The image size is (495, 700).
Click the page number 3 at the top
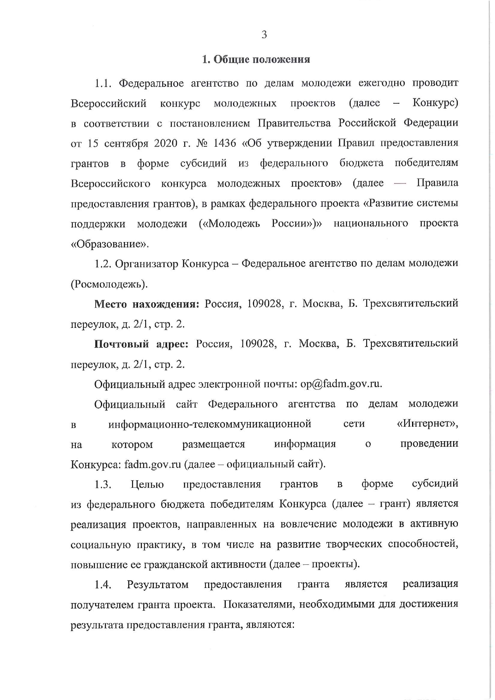(x=264, y=35)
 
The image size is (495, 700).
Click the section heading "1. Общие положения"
(x=256, y=60)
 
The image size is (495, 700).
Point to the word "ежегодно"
(x=382, y=83)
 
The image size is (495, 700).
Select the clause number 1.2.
(x=103, y=264)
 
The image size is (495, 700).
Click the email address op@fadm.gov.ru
(x=341, y=384)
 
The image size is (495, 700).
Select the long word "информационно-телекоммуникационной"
(x=210, y=424)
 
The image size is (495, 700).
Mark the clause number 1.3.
(x=103, y=485)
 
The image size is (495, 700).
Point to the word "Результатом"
(x=158, y=585)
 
